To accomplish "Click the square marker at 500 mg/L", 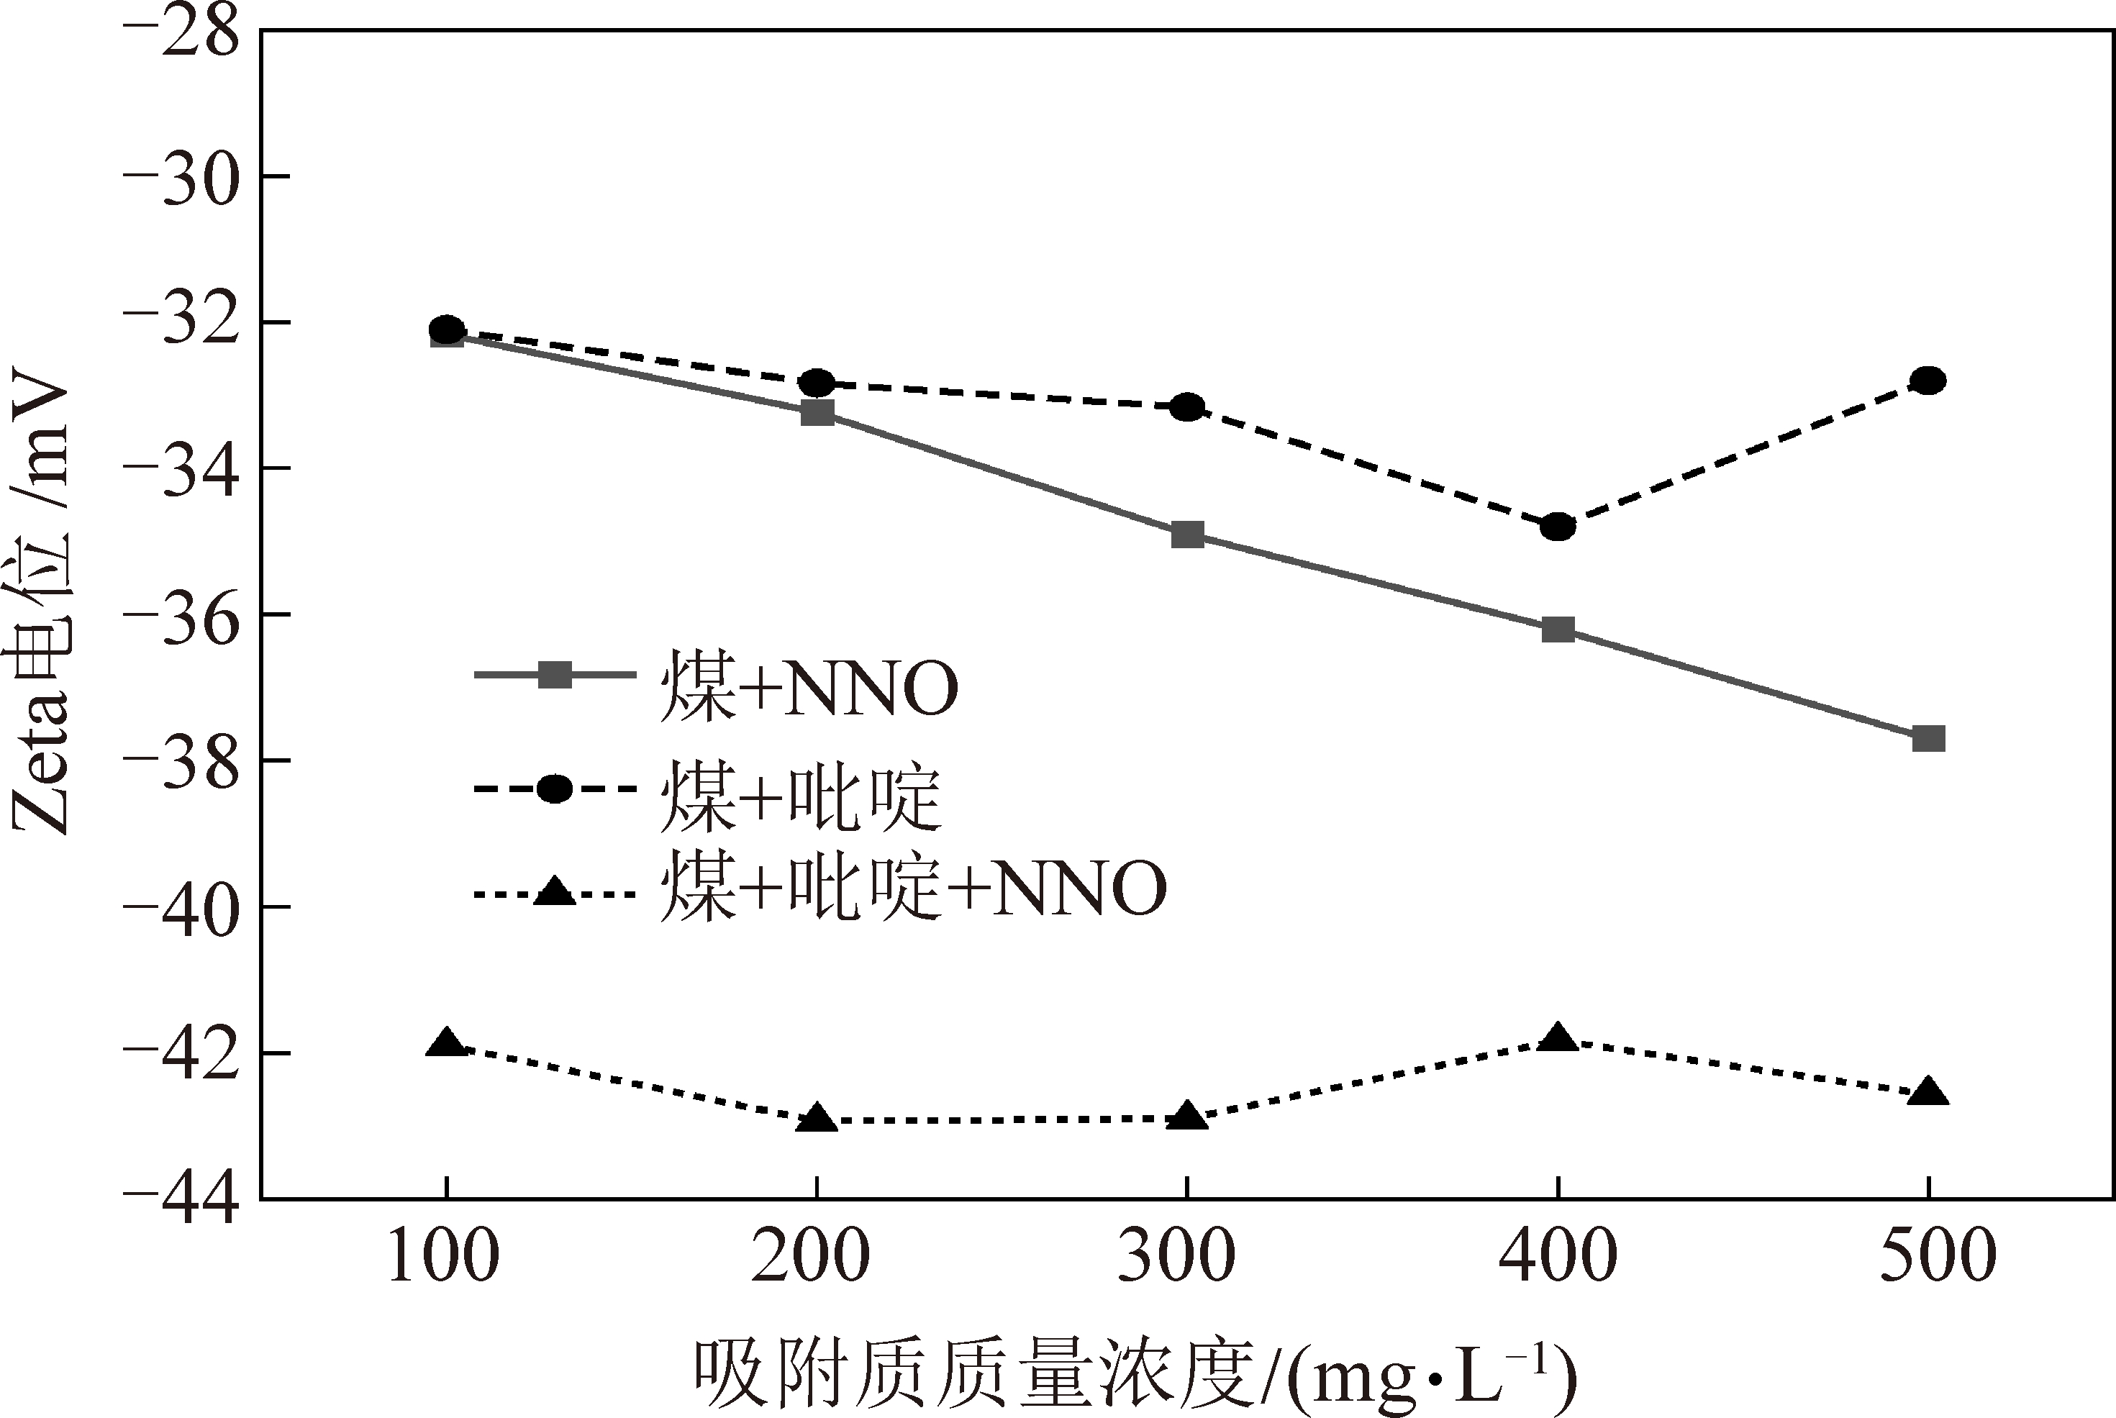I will tap(1928, 739).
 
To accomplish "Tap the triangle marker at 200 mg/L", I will tap(817, 1119).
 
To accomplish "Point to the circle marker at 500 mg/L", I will tap(1928, 381).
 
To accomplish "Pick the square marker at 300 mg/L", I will tap(1187, 535).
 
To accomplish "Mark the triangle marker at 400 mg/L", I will tap(1557, 1038).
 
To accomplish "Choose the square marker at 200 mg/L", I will tap(817, 413).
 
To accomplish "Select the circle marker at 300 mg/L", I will tap(1187, 408).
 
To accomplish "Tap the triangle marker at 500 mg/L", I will tap(1928, 1091).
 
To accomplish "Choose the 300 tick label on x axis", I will tap(1176, 1257).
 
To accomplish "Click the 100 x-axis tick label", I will tap(443, 1257).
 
